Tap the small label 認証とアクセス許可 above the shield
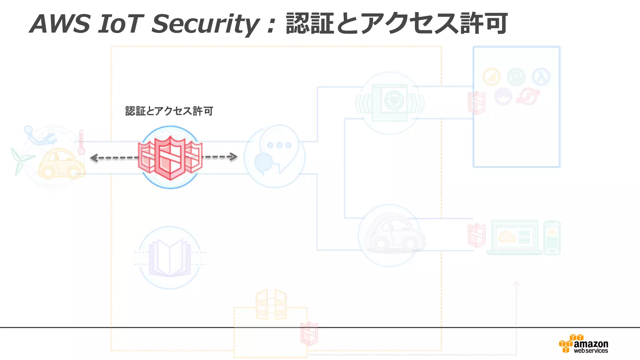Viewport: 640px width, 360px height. tap(169, 111)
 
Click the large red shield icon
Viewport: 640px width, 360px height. tap(170, 157)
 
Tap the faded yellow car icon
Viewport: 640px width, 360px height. tap(61, 164)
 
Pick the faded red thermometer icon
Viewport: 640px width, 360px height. tap(81, 142)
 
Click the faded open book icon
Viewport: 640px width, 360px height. tap(170, 258)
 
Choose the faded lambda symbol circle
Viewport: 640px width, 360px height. tap(541, 77)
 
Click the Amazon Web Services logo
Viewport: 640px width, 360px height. tap(584, 344)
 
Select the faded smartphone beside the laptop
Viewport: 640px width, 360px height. tap(552, 238)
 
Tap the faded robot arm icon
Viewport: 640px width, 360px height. tap(39, 136)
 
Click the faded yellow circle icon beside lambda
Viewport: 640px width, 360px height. tap(491, 77)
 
